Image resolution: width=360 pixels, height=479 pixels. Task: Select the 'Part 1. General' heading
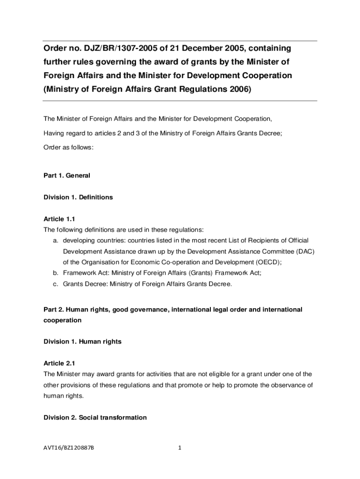click(66, 175)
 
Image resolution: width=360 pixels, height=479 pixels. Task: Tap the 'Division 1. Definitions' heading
click(78, 197)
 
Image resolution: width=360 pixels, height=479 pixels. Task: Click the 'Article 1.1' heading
click(59, 219)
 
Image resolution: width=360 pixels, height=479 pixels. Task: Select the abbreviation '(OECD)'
click(266, 262)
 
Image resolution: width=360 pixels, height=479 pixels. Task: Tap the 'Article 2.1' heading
click(59, 363)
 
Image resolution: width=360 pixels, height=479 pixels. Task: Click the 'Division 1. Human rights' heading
click(82, 341)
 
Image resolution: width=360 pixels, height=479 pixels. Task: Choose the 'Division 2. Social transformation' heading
click(95, 417)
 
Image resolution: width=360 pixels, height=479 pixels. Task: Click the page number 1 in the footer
click(180, 448)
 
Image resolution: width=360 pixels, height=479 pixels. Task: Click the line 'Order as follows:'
click(69, 147)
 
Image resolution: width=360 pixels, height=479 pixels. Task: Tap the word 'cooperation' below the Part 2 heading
click(62, 320)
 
